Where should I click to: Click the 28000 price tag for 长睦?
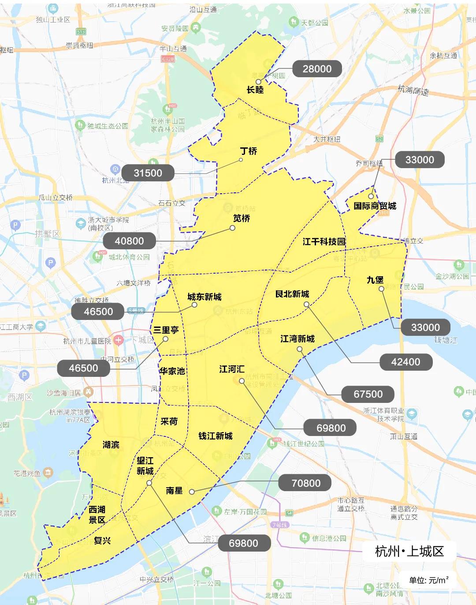(x=317, y=69)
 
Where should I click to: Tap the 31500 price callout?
(x=148, y=173)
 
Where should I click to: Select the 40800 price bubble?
(x=129, y=241)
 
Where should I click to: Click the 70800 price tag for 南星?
(x=305, y=483)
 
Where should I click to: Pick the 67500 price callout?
(x=368, y=394)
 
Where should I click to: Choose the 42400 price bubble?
(x=405, y=362)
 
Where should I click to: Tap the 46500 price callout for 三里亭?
(x=84, y=368)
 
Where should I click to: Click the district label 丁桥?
(x=249, y=151)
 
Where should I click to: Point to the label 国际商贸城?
(x=375, y=206)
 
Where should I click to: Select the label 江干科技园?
(x=324, y=241)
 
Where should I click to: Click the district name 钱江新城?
(x=215, y=436)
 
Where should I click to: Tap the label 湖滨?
(x=111, y=444)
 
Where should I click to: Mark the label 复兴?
(x=102, y=541)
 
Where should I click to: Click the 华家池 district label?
(x=172, y=371)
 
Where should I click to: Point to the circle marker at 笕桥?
(x=232, y=228)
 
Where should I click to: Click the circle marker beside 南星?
(x=192, y=492)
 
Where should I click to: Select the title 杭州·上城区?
(x=409, y=551)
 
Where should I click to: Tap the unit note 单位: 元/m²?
(x=428, y=580)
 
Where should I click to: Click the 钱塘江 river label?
(x=446, y=340)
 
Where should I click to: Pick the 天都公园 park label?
(x=314, y=23)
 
